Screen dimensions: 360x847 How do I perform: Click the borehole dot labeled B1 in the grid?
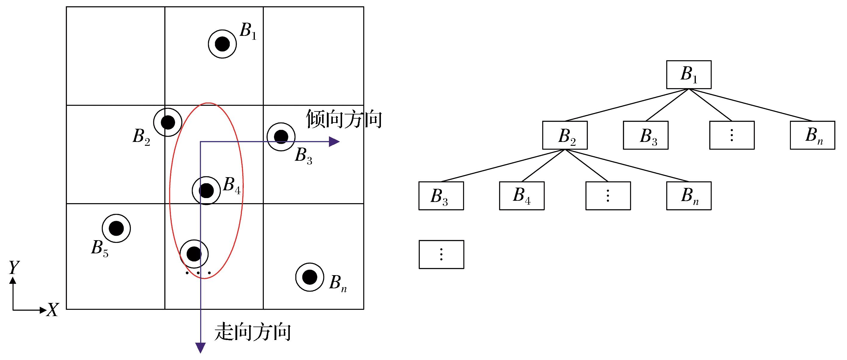click(222, 44)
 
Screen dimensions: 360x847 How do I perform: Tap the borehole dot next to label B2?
click(168, 122)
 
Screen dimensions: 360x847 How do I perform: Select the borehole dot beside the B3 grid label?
click(281, 137)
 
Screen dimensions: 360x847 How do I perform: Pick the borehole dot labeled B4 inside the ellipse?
click(206, 191)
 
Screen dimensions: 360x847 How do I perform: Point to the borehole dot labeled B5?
click(116, 229)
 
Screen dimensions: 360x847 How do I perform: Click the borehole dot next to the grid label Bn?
click(310, 277)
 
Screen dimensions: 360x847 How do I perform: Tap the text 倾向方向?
click(344, 119)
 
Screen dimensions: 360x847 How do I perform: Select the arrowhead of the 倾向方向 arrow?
click(335, 142)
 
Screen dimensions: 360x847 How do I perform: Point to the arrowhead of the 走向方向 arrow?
click(200, 347)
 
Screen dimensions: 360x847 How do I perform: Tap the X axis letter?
click(52, 310)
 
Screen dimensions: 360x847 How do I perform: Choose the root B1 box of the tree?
click(689, 75)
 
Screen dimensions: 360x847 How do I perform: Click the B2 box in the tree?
click(565, 135)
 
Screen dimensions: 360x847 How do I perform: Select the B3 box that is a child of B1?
click(645, 135)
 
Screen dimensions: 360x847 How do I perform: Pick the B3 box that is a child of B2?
click(441, 196)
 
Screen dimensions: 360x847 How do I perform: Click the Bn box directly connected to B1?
click(812, 135)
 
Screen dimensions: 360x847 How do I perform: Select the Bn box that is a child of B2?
click(689, 196)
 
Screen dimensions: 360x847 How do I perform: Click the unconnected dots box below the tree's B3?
click(441, 255)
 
